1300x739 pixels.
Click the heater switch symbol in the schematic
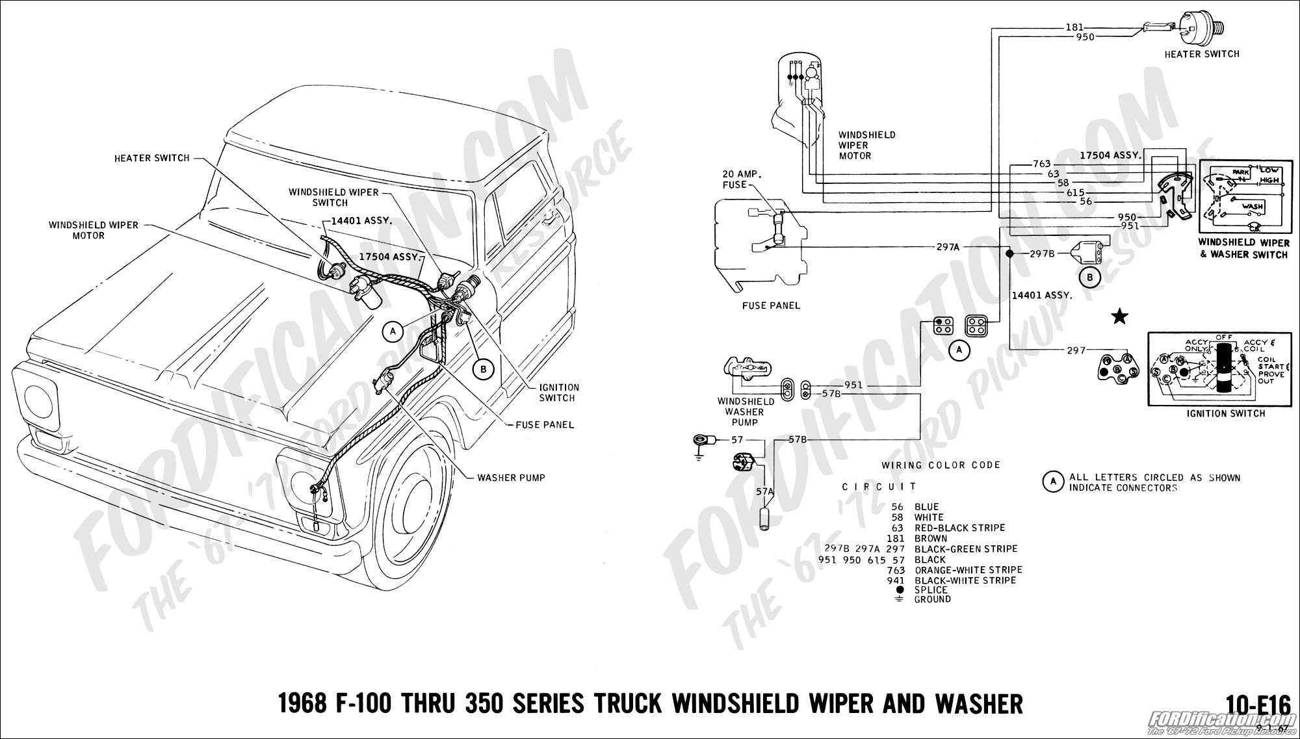pyautogui.click(x=1202, y=27)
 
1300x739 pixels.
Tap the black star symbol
pyautogui.click(x=1119, y=317)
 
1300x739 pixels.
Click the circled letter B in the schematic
pyautogui.click(x=1090, y=278)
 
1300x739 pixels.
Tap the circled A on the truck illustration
pyautogui.click(x=392, y=331)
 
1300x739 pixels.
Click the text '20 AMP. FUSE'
pyautogui.click(x=742, y=179)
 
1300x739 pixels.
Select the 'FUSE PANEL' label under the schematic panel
pyautogui.click(x=771, y=305)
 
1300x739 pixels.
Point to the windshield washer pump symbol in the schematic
pyautogui.click(x=745, y=369)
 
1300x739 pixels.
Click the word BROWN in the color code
pyautogui.click(x=931, y=538)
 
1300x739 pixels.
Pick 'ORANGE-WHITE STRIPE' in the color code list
pyautogui.click(x=968, y=570)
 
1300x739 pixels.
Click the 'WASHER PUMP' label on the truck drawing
pyautogui.click(x=511, y=478)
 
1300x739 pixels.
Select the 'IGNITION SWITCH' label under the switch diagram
pyautogui.click(x=1225, y=413)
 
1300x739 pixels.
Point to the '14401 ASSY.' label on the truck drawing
pyautogui.click(x=361, y=220)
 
